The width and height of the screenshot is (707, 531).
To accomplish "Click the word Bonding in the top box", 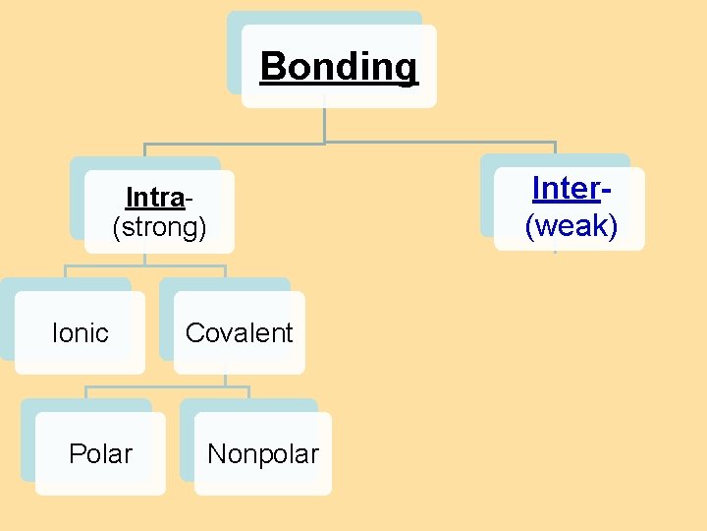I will point(339,67).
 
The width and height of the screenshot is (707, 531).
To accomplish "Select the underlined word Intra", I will point(155,198).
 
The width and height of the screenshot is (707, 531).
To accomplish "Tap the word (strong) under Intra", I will point(159,228).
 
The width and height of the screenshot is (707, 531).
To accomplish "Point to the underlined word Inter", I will point(566,188).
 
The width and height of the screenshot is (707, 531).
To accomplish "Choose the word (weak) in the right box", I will point(571,226).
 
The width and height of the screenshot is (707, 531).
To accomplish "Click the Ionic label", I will point(80,333).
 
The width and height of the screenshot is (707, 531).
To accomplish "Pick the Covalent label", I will point(239,333).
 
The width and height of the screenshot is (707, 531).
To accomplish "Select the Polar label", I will point(100,454).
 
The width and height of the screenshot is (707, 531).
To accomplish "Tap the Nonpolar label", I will point(263,454).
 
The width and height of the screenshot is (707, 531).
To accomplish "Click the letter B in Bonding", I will point(272,67).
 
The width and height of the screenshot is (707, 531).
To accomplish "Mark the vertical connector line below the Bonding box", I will point(325,124).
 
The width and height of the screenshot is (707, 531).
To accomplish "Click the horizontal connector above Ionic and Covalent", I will point(144,265).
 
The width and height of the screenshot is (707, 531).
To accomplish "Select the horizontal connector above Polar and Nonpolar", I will point(167,386).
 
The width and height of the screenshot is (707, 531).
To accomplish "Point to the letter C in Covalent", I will point(193,333).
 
